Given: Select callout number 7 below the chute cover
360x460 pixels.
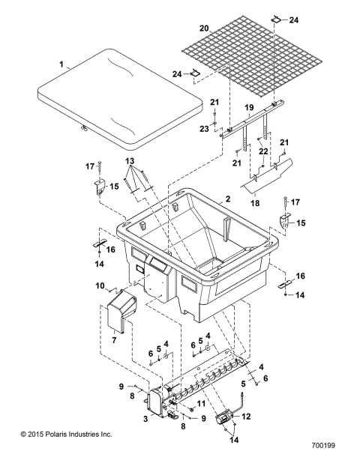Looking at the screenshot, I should [115, 340].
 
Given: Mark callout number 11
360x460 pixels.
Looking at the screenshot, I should [200, 405].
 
